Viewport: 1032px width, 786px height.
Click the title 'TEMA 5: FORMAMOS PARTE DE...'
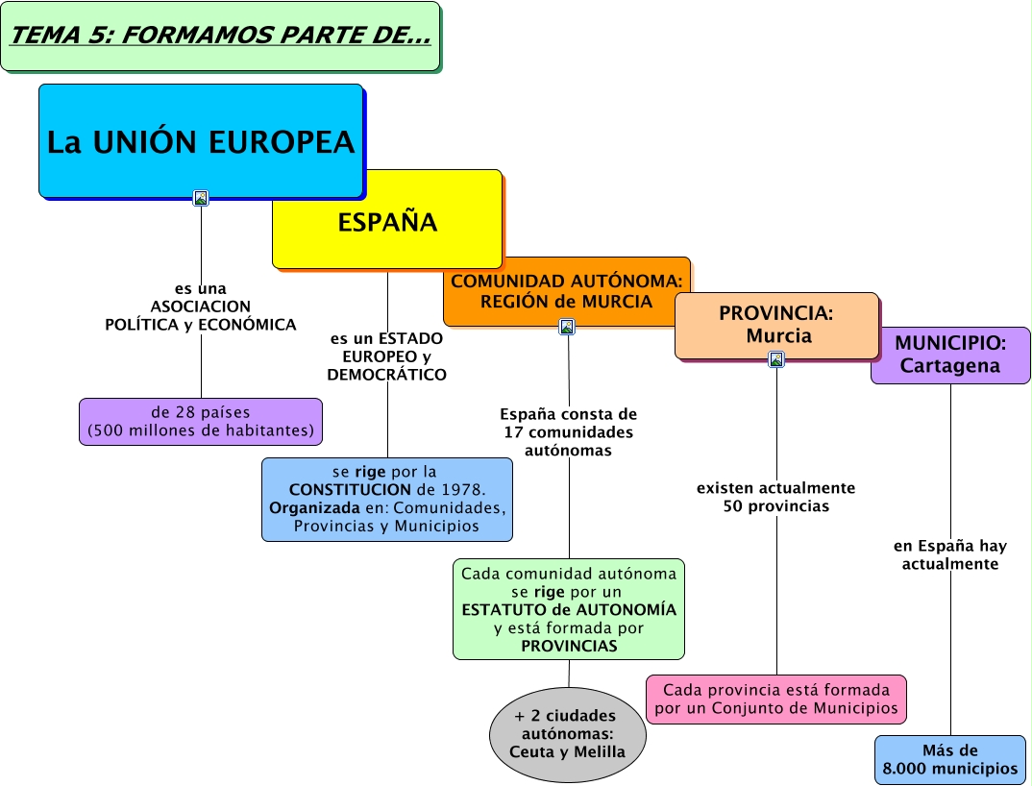(220, 37)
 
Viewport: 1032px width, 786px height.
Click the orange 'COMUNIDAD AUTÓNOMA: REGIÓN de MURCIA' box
(566, 291)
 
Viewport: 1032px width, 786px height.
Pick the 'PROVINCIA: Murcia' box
(776, 325)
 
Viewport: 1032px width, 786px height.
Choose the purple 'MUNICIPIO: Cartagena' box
(949, 355)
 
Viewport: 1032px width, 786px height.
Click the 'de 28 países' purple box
(201, 422)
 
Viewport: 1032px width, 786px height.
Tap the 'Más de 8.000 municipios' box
(949, 759)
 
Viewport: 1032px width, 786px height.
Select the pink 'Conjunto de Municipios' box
(775, 700)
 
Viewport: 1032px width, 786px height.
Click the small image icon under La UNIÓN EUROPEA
(201, 198)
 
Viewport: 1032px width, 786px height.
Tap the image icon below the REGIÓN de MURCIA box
(567, 327)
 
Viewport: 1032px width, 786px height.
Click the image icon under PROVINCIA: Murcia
(776, 359)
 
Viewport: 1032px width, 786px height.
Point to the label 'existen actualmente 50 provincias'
(775, 497)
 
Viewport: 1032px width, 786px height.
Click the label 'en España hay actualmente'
(949, 554)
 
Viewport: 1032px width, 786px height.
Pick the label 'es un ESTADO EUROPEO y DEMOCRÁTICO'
(387, 356)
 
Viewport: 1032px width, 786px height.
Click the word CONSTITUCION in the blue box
(344, 489)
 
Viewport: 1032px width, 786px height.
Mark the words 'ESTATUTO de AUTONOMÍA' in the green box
(569, 609)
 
